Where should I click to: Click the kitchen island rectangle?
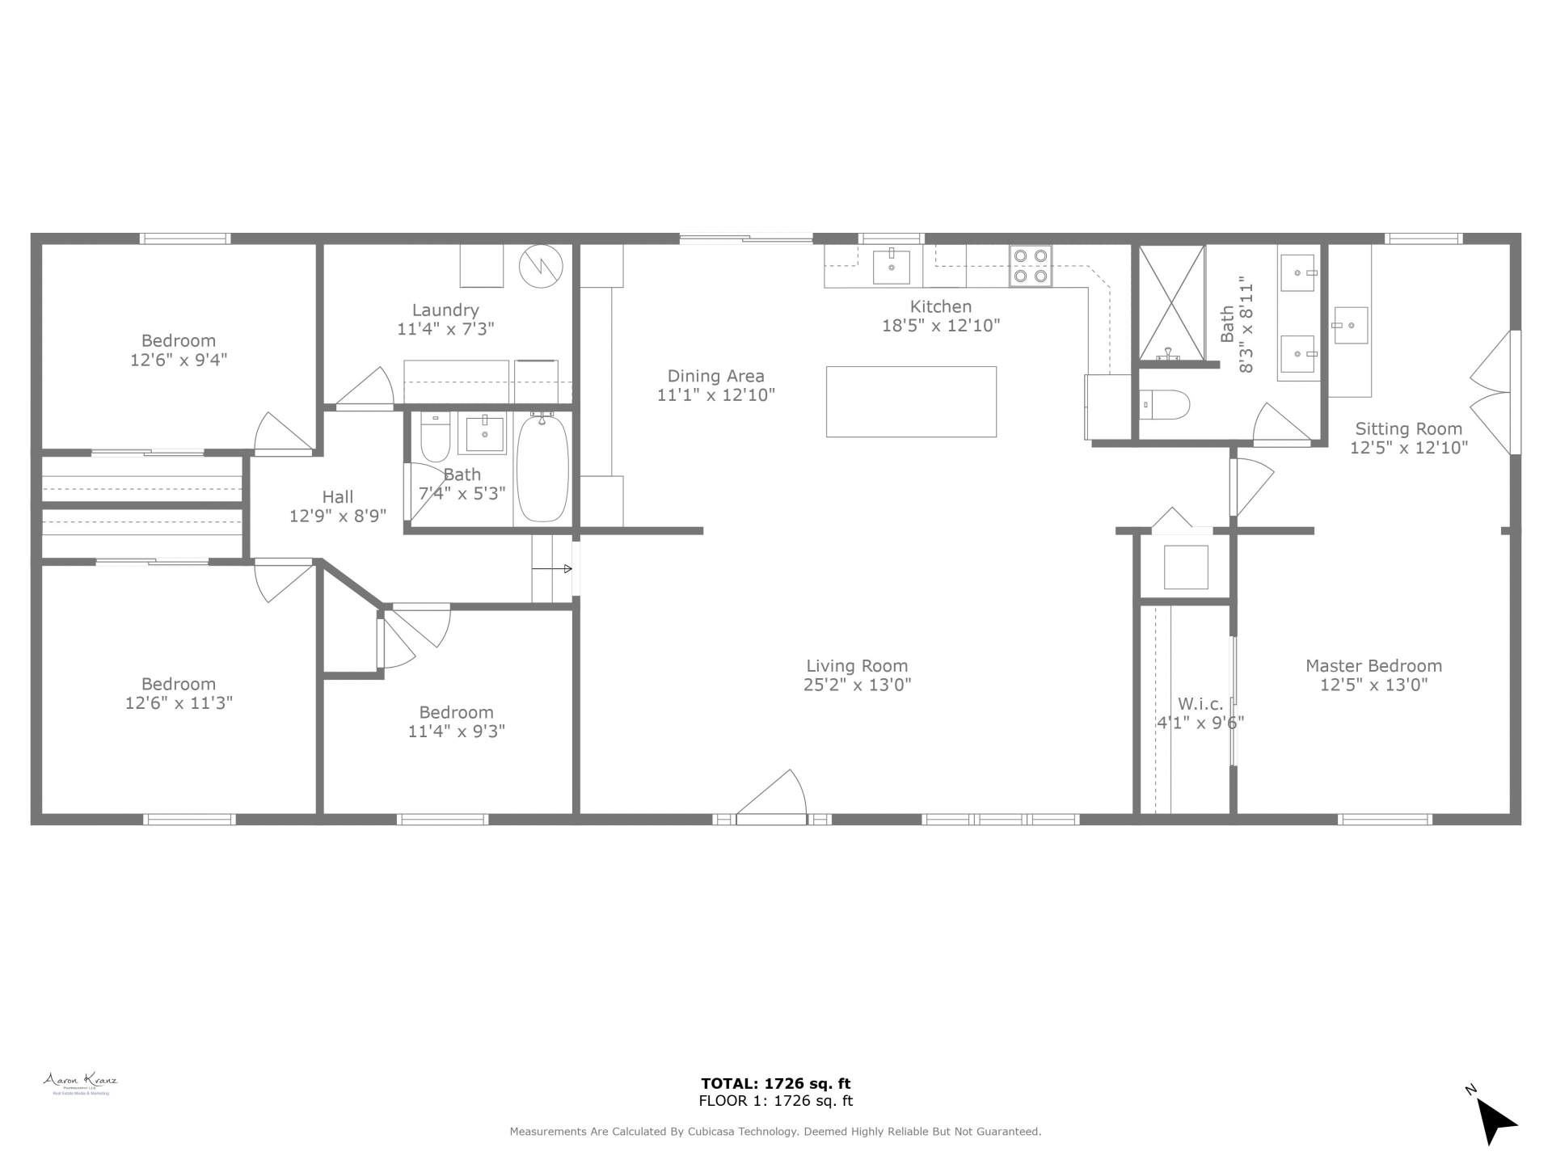click(x=911, y=402)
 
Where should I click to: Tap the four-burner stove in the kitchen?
click(x=1031, y=266)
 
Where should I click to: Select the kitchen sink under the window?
click(x=891, y=267)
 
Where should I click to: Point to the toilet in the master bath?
click(x=1165, y=405)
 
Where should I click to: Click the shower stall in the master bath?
click(x=1171, y=302)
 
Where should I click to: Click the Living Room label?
click(x=857, y=666)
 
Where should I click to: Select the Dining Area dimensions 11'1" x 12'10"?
click(x=716, y=395)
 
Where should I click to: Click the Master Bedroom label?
click(x=1373, y=666)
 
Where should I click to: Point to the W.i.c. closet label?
click(x=1200, y=704)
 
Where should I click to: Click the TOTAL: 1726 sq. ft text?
click(x=775, y=1084)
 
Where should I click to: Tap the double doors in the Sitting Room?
click(x=1494, y=393)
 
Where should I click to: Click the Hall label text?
click(x=338, y=497)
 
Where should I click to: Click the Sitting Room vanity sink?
click(x=1350, y=325)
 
